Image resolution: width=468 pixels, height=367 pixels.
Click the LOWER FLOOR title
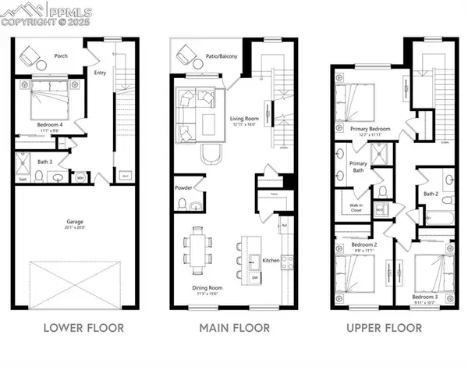[x=83, y=328]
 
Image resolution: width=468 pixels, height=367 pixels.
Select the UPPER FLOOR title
[x=384, y=328]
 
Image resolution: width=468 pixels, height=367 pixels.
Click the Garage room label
[x=75, y=223]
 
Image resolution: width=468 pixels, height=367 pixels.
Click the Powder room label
[x=184, y=188]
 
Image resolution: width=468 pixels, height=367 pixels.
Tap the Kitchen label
[x=271, y=260]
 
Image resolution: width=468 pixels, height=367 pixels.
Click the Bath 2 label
[x=431, y=194]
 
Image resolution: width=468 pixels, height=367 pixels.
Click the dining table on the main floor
[x=198, y=248]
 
